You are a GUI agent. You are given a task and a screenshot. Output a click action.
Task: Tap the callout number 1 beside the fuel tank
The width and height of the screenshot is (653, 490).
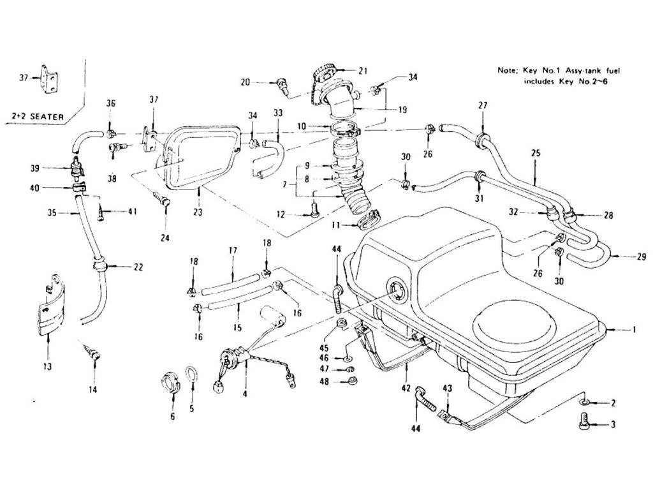634,330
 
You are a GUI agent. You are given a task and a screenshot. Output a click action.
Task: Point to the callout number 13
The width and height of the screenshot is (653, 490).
47,367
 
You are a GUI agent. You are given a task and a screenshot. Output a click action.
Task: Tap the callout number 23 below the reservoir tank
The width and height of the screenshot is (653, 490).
198,212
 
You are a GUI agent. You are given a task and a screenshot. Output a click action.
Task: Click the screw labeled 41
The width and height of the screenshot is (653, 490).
101,213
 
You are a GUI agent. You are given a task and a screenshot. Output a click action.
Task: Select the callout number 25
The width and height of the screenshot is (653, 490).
536,153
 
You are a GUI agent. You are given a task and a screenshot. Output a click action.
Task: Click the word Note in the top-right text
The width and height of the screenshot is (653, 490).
507,70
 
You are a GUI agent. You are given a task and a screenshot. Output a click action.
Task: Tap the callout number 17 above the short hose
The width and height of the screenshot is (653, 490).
233,250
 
